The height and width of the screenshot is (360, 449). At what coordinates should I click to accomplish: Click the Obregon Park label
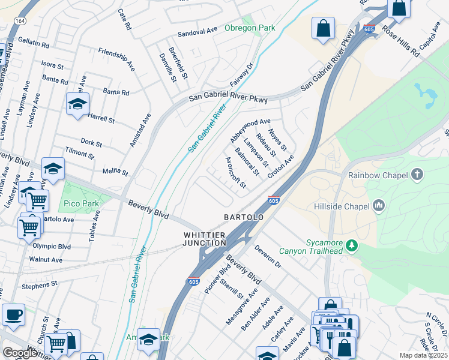coord(249,28)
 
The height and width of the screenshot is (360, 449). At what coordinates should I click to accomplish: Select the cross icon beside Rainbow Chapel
coord(417,175)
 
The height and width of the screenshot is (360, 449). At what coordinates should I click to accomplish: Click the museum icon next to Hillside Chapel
coord(378,206)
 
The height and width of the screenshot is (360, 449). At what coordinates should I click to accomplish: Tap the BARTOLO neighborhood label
coord(244,217)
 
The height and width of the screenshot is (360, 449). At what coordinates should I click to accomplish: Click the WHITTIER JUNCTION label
coord(205,239)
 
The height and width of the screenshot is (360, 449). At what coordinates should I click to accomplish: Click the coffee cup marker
coord(13,314)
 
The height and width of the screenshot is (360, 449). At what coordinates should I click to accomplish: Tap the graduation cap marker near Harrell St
coord(77,104)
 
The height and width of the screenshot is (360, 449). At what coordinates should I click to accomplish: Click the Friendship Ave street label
coord(116,55)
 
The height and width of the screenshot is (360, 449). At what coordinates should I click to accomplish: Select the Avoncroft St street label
coord(235,173)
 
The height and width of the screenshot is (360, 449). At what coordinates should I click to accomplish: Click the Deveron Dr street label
coord(267,256)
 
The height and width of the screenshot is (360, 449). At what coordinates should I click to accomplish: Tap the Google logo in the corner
coord(20,353)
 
